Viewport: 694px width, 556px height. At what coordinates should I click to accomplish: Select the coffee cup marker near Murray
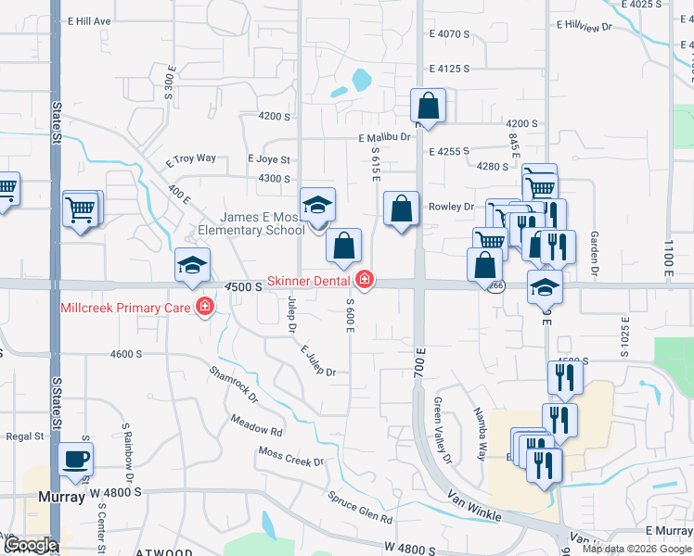click(75, 459)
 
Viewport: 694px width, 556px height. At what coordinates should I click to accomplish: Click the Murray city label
click(62, 497)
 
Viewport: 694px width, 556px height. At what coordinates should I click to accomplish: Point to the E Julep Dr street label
click(317, 360)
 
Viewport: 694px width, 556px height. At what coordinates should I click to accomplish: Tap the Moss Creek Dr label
click(291, 457)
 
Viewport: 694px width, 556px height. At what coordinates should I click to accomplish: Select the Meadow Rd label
click(257, 425)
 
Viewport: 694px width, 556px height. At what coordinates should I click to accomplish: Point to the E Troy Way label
click(191, 159)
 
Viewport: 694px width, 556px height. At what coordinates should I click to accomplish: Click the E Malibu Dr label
click(385, 138)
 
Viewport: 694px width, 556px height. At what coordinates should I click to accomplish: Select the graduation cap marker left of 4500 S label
click(193, 265)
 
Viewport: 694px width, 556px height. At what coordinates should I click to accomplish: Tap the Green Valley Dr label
click(442, 432)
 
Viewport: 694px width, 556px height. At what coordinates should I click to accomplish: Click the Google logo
click(31, 545)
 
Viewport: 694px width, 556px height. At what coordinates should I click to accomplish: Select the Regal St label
click(25, 436)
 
